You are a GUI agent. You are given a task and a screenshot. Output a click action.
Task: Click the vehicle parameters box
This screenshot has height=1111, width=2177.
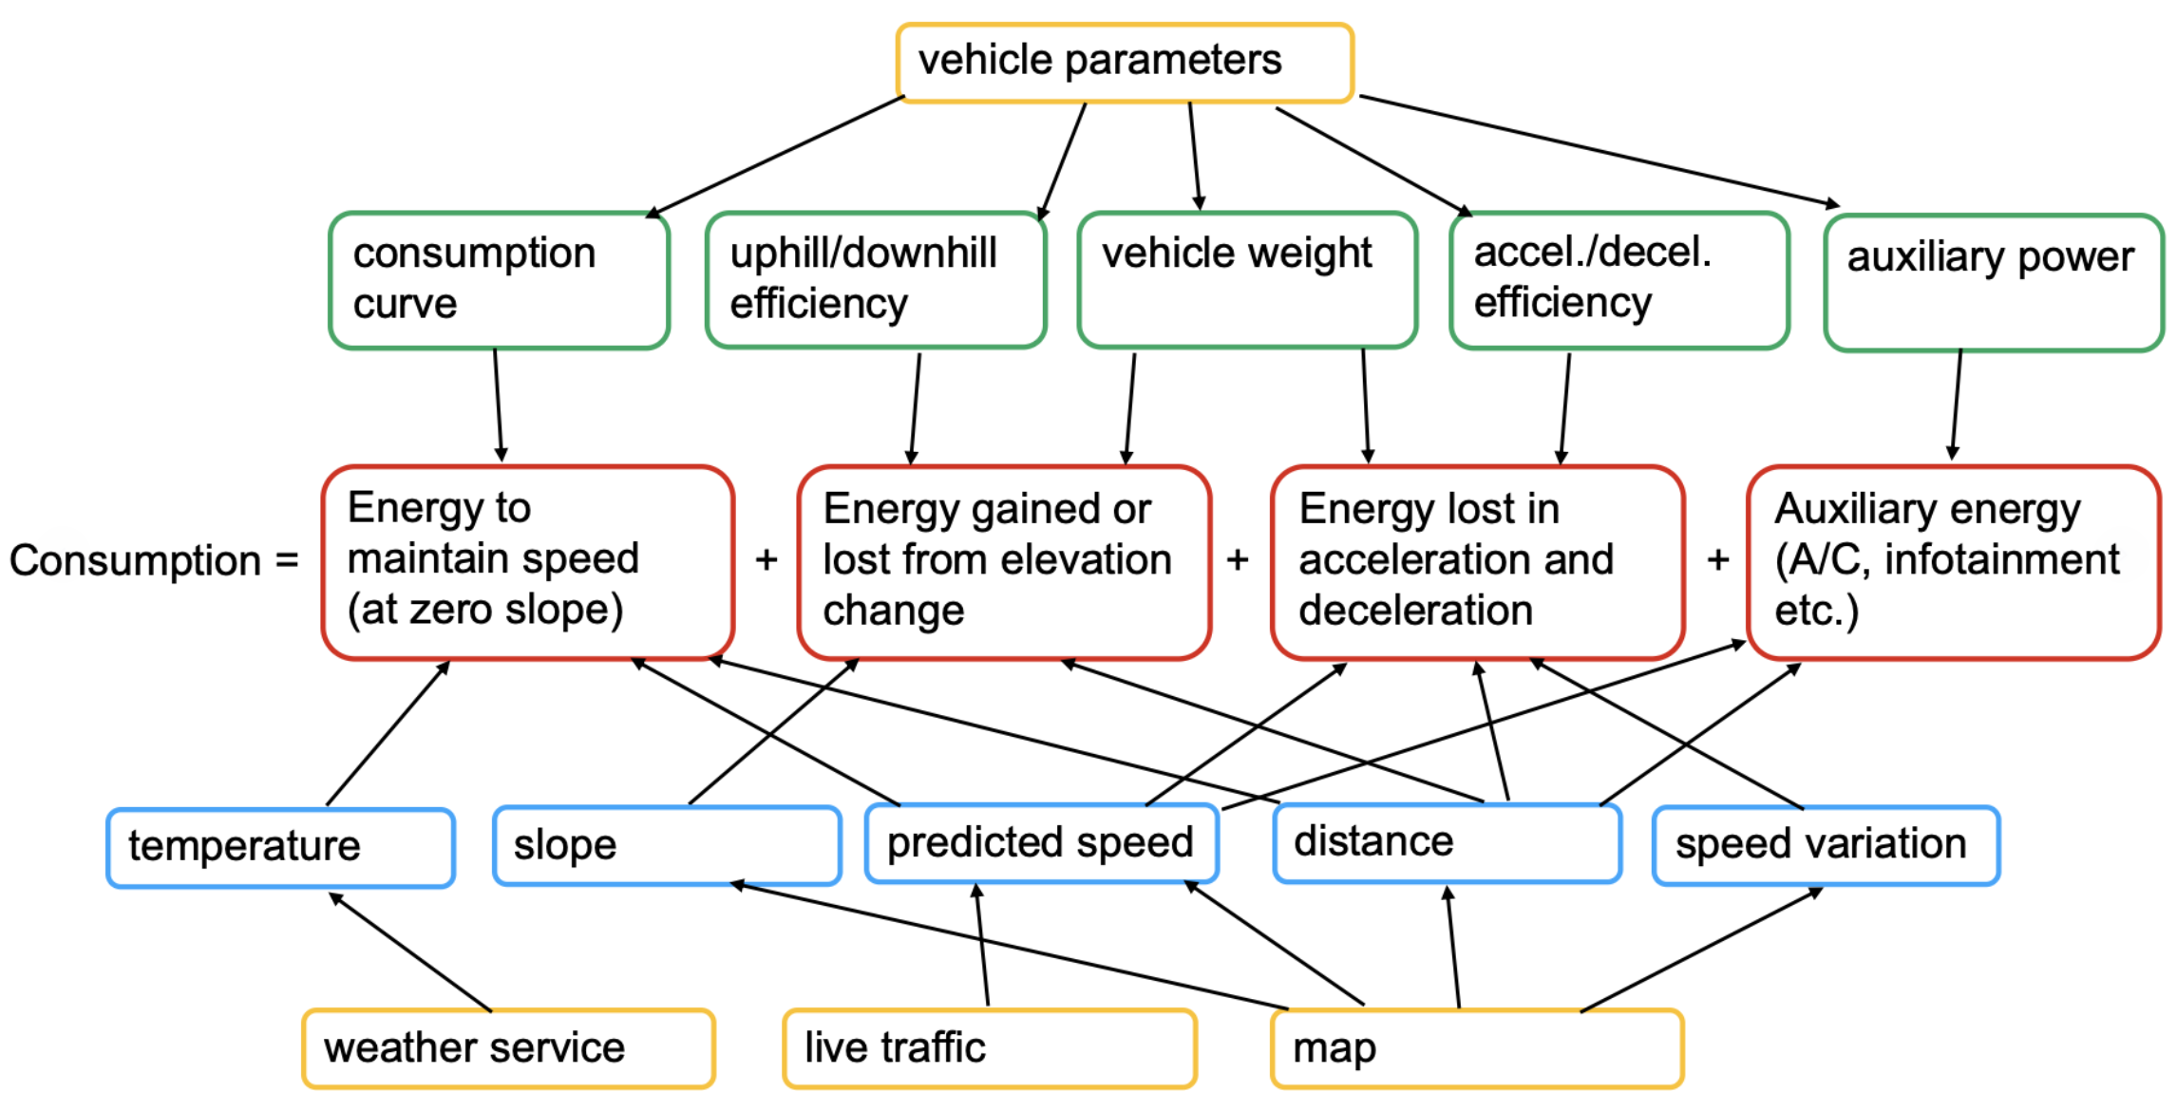click(1125, 63)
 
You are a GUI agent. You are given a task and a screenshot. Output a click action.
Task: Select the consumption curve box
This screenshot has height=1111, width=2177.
click(500, 281)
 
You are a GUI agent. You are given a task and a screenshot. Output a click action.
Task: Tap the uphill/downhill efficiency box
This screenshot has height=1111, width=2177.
click(876, 280)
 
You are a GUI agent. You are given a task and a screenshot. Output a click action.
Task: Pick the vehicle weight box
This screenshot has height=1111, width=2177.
click(1248, 280)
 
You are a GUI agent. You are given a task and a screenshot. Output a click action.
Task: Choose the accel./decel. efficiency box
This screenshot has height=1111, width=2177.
click(1620, 280)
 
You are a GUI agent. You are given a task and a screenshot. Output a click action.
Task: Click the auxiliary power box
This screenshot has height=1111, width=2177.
click(1995, 282)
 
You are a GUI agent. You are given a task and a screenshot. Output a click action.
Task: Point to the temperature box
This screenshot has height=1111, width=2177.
click(281, 848)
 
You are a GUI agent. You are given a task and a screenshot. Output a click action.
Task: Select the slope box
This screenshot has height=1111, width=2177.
click(668, 846)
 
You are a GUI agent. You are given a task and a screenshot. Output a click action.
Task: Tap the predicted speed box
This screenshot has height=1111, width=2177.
click(1042, 843)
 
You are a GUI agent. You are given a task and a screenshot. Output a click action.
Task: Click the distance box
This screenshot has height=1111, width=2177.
click(1448, 843)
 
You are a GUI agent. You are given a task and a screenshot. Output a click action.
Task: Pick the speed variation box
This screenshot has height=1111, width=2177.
click(1827, 845)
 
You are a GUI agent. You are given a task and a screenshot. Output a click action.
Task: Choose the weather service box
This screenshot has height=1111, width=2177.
click(509, 1048)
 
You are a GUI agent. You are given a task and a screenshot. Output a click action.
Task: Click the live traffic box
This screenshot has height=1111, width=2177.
click(990, 1048)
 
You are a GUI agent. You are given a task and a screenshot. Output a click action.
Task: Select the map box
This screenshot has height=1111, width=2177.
click(1478, 1048)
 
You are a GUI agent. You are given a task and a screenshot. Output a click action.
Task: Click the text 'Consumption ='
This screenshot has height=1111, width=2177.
click(154, 560)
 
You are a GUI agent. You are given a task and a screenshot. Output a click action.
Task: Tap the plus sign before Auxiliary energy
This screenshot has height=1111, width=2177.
click(1717, 559)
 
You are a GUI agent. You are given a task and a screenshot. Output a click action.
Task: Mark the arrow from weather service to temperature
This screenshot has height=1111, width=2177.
click(410, 951)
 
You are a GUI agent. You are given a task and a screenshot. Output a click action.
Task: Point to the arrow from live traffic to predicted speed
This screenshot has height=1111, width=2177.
click(981, 944)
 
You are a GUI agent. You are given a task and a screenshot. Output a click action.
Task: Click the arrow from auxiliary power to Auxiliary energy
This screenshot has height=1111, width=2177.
click(1957, 405)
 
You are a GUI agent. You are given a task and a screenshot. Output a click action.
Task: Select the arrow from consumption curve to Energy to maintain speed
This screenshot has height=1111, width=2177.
click(498, 405)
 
